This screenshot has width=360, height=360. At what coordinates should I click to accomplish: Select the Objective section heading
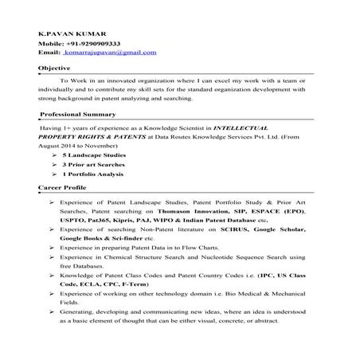(x=55, y=69)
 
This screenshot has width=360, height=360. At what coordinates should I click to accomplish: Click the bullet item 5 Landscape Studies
(x=92, y=155)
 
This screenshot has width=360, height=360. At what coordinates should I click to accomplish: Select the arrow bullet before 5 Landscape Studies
(x=53, y=155)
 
